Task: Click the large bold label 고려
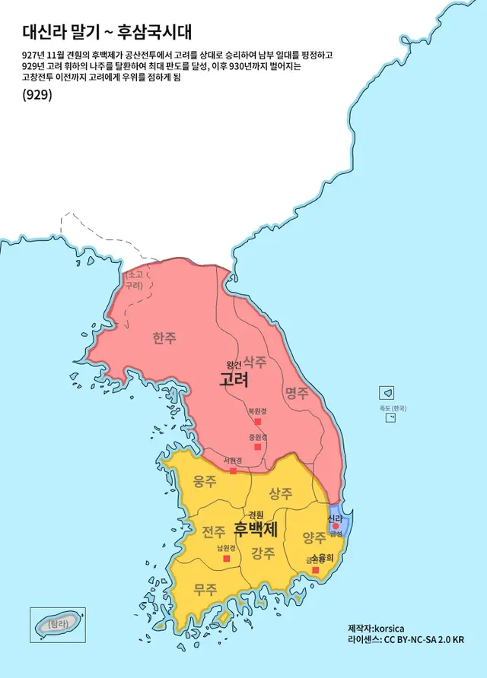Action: (234, 379)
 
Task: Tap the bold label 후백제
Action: (256, 528)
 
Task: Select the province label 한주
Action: (164, 338)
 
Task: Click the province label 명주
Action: (297, 393)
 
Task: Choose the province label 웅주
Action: (205, 481)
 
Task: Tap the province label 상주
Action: (281, 493)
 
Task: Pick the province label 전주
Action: (214, 530)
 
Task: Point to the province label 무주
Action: (205, 588)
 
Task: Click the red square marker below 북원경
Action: (258, 421)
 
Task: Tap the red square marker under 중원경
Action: (258, 447)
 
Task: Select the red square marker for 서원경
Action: (233, 470)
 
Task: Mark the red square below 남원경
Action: (226, 559)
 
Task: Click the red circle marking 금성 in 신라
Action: (335, 526)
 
